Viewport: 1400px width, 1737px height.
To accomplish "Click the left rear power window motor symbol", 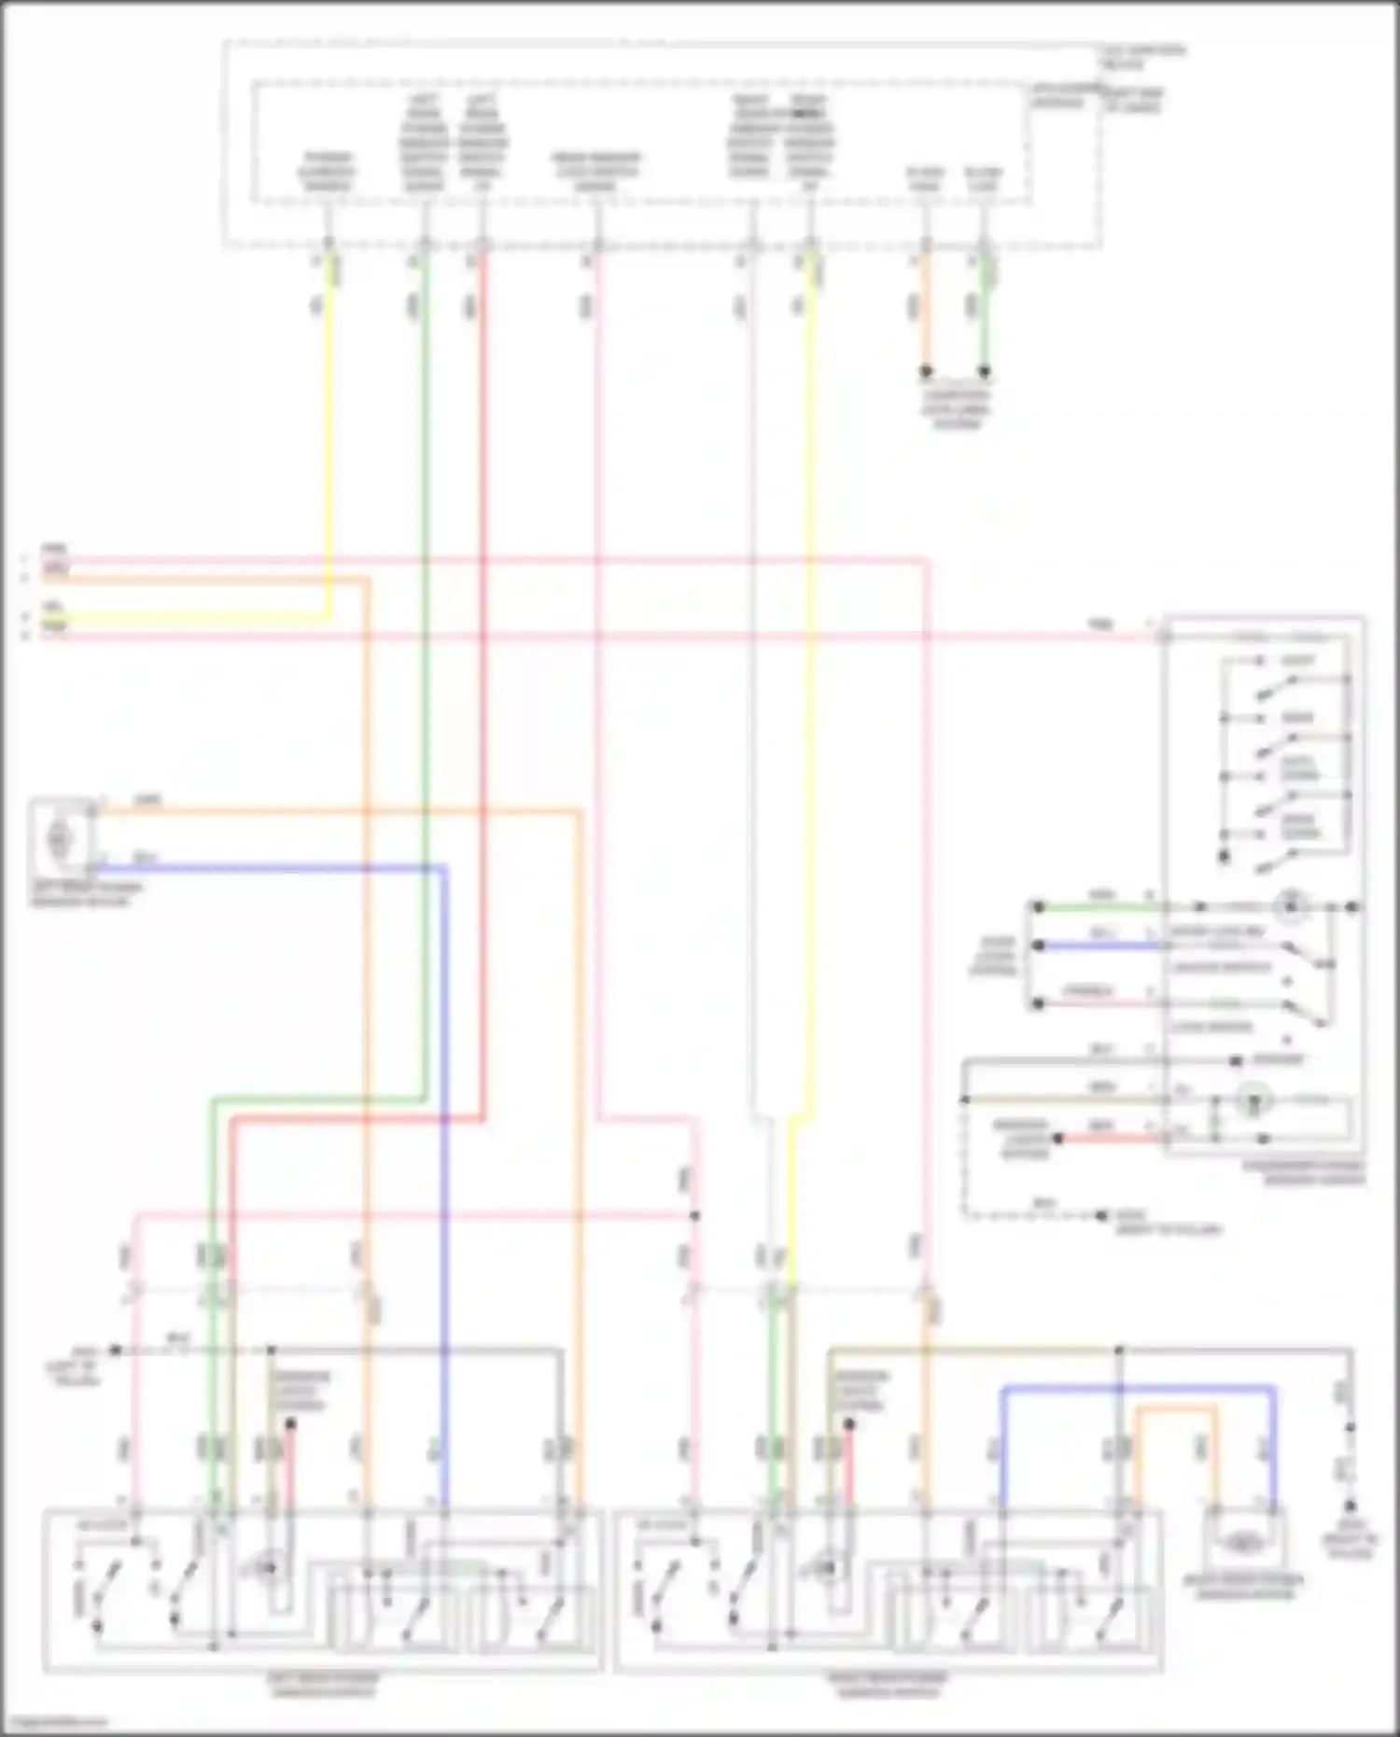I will tap(59, 839).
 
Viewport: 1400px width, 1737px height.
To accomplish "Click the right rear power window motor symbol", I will tap(1241, 1545).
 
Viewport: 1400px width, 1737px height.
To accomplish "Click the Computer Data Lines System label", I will tap(955, 409).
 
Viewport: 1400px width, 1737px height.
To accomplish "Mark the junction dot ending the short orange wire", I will tap(926, 371).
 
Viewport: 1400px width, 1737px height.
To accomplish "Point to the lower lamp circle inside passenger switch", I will tap(1253, 1101).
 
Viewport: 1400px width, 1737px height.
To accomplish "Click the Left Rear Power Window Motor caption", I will tap(86, 894).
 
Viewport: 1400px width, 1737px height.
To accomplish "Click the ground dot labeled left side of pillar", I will tap(115, 1350).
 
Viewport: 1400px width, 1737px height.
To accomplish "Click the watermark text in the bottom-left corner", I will tap(54, 1722).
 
